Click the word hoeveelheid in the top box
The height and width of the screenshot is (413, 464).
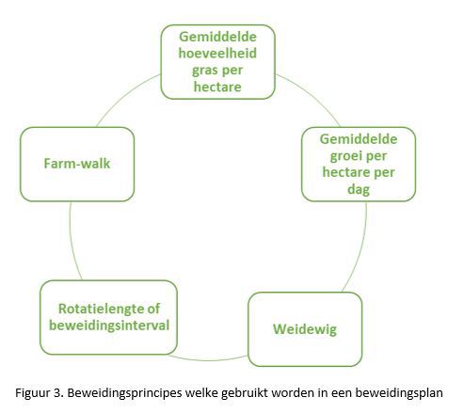coord(217,53)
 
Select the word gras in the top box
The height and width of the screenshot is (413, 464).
coord(204,71)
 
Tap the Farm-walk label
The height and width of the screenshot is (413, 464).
coord(77,164)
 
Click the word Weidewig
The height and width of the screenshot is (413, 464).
coord(305,329)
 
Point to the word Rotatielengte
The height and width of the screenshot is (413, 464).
coord(101,309)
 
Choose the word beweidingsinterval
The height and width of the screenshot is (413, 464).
coord(109,326)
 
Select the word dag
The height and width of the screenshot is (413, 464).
coord(359,189)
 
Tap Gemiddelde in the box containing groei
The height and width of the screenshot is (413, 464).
coord(359,139)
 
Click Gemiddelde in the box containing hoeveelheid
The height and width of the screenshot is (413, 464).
coord(217,37)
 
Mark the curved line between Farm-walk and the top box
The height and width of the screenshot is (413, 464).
coord(125,96)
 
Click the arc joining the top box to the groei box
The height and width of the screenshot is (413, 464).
coord(312,96)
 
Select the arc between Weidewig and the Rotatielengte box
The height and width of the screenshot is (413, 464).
coord(208,360)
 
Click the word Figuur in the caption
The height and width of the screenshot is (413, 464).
coord(32,393)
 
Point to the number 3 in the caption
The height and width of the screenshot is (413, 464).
coord(57,393)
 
